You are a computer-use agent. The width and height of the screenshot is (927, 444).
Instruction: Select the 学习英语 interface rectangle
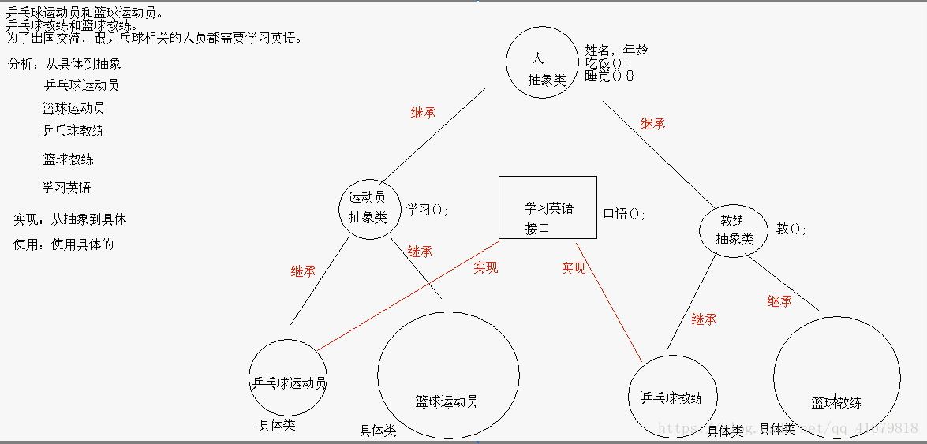(x=548, y=207)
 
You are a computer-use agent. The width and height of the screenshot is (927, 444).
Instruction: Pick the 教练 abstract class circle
(x=734, y=229)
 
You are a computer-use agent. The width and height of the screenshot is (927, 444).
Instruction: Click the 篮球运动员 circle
(x=448, y=375)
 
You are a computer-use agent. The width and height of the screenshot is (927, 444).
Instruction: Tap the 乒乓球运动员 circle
(x=288, y=377)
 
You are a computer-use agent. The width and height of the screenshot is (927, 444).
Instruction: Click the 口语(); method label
(x=624, y=214)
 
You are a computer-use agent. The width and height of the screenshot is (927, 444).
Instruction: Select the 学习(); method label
(x=427, y=210)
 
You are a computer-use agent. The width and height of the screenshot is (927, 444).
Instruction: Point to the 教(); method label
(x=791, y=229)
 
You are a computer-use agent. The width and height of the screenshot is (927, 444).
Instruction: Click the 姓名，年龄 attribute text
(x=616, y=50)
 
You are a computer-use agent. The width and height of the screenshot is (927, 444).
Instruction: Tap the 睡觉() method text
(x=609, y=76)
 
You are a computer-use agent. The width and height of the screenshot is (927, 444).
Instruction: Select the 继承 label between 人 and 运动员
(x=423, y=113)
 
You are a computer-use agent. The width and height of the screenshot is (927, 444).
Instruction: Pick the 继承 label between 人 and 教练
(x=652, y=124)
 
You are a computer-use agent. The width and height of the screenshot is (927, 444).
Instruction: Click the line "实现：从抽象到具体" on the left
(x=70, y=219)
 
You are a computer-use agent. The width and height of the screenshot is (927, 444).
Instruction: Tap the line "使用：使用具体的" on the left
(x=64, y=244)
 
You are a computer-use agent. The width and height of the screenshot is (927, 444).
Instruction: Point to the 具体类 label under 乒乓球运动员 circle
(x=277, y=425)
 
